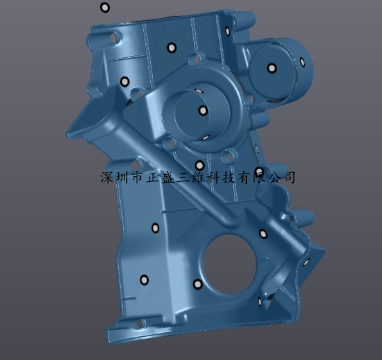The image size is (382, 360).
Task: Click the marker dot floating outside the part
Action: point(105,8)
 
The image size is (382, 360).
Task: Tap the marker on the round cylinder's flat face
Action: point(272,68)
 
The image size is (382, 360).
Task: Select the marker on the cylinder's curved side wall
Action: point(302,62)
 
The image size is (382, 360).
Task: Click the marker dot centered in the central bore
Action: point(203,111)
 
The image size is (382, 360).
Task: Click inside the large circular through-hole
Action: point(229,264)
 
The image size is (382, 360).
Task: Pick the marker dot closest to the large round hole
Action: point(198,284)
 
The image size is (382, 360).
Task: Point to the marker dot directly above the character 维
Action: point(200,166)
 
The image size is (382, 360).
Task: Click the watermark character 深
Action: point(107,177)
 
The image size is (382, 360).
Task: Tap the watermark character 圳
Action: point(122,177)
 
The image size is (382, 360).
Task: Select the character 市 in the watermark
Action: point(137,177)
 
